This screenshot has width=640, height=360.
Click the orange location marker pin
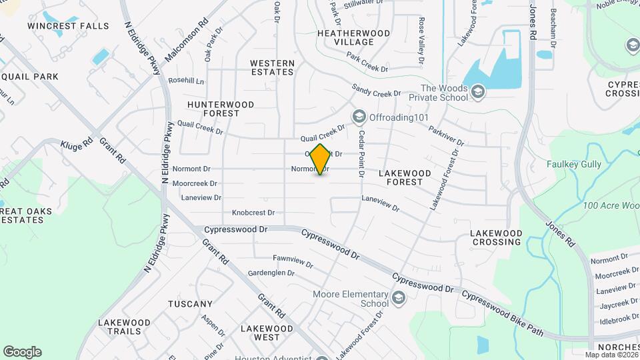tap(321, 159)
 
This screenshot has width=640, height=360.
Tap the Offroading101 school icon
tap(359, 117)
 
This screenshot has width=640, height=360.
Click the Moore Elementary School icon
tap(399, 297)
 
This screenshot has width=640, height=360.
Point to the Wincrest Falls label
tap(68, 26)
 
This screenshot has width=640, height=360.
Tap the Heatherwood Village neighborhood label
tap(353, 37)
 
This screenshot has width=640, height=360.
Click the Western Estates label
tap(272, 67)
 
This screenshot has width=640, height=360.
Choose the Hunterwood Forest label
tap(221, 109)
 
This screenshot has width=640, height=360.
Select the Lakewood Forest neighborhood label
tap(405, 177)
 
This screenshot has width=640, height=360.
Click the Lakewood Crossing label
tap(496, 237)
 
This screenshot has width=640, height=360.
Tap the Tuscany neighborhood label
tap(190, 304)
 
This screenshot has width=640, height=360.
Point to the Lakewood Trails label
tap(120, 327)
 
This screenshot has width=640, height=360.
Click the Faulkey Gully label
tap(573, 164)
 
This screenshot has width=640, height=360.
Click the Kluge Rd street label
tap(77, 144)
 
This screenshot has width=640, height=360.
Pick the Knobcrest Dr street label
tap(253, 213)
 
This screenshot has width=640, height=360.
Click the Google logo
tap(22, 352)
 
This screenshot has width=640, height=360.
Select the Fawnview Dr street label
tap(293, 261)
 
